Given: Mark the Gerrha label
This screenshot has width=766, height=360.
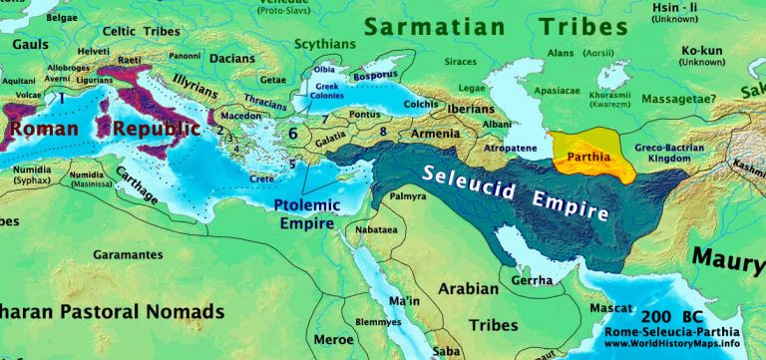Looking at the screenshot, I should point(530,281).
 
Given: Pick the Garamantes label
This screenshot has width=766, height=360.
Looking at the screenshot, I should point(124,254).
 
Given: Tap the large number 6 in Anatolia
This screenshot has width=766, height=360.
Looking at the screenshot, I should point(293,132).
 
